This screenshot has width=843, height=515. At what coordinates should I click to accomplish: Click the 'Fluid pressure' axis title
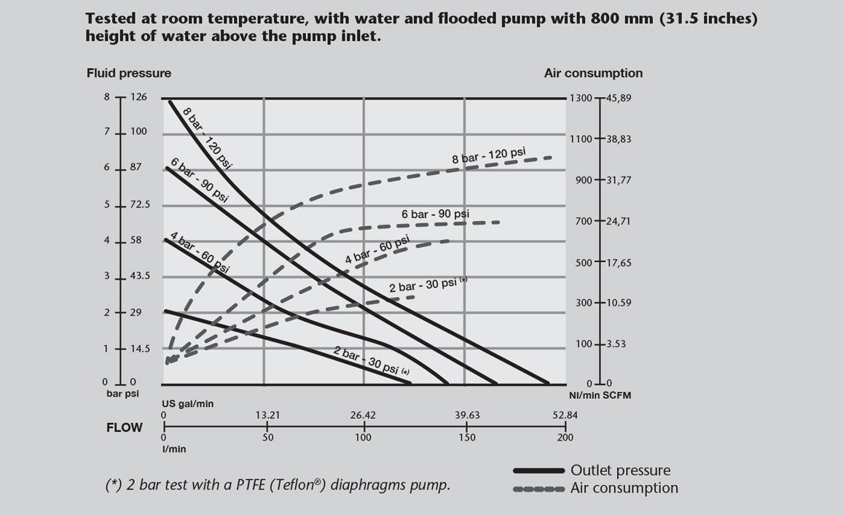(x=129, y=73)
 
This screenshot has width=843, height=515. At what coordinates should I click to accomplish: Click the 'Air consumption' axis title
(x=593, y=73)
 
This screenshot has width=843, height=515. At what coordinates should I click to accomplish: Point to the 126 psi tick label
(x=138, y=97)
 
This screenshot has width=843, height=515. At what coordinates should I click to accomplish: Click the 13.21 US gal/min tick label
(x=267, y=416)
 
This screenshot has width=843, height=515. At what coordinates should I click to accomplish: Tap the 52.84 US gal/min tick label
(x=565, y=416)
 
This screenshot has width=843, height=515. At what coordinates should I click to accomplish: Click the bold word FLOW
(x=125, y=427)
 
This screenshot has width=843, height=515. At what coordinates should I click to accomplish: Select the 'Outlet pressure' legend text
(x=620, y=471)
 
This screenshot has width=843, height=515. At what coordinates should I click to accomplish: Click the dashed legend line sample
(x=538, y=489)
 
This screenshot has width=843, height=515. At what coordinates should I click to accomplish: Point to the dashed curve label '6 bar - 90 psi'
(x=435, y=214)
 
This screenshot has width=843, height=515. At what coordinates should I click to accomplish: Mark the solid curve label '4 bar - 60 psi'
(x=199, y=252)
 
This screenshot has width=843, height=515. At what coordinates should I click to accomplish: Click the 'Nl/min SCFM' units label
(x=600, y=395)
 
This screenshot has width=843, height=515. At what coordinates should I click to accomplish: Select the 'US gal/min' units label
(x=187, y=403)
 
